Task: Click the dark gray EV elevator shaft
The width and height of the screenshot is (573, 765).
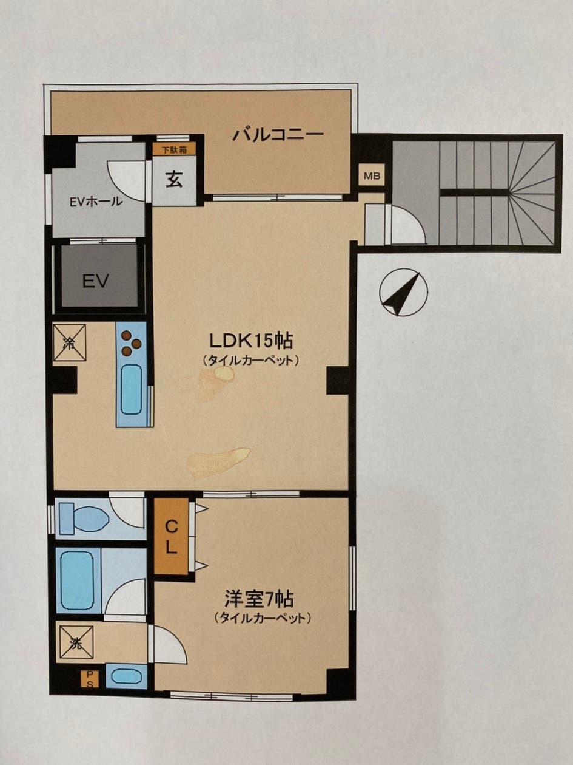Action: (98, 280)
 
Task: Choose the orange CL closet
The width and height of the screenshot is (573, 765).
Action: (171, 537)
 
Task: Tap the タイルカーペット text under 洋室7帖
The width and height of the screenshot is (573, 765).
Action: (263, 619)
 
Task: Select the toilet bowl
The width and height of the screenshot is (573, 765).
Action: (84, 519)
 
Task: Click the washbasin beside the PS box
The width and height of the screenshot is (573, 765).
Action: (126, 676)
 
